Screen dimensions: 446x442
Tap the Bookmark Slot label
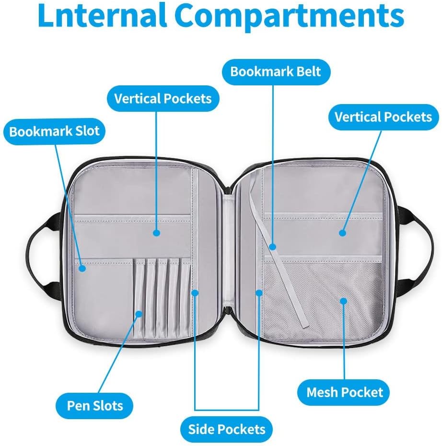pos(54,131)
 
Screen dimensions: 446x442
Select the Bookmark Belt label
pos(275,71)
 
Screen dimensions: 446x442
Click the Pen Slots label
pos(95,406)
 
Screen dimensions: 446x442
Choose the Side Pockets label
pos(226,428)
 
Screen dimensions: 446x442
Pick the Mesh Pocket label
pos(345,392)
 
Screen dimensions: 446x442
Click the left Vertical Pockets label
pos(163,99)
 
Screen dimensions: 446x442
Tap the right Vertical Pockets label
pos(383,117)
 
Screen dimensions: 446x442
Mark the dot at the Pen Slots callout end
pos(139,314)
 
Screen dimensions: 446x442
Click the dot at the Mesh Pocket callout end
pos(343,301)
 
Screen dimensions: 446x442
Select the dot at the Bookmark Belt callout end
pos(272,247)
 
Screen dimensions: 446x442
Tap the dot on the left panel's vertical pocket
pos(156,233)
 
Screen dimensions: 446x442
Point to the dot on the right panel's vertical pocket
pos(342,233)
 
